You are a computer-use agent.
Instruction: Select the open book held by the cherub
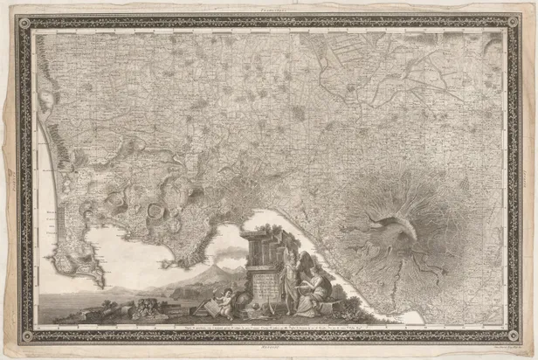pos(213,305)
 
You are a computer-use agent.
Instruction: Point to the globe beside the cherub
pos(240,307)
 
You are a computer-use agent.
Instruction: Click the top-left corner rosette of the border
pos(24,23)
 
